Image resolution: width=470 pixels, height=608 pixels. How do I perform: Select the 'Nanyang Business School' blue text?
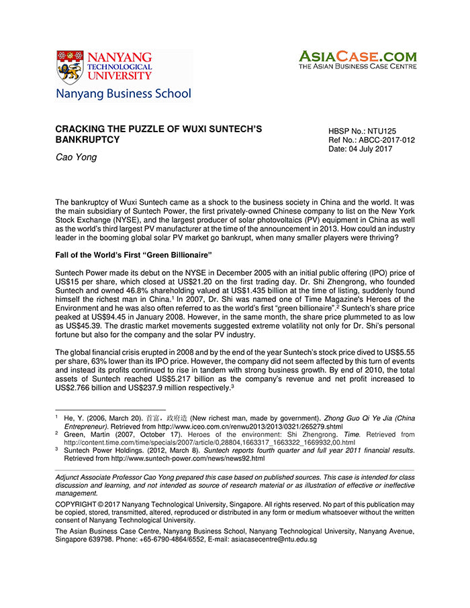coord(124,94)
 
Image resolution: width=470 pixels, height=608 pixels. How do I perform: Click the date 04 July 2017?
coord(369,148)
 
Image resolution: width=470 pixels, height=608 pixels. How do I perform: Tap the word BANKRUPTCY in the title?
coord(87,140)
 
